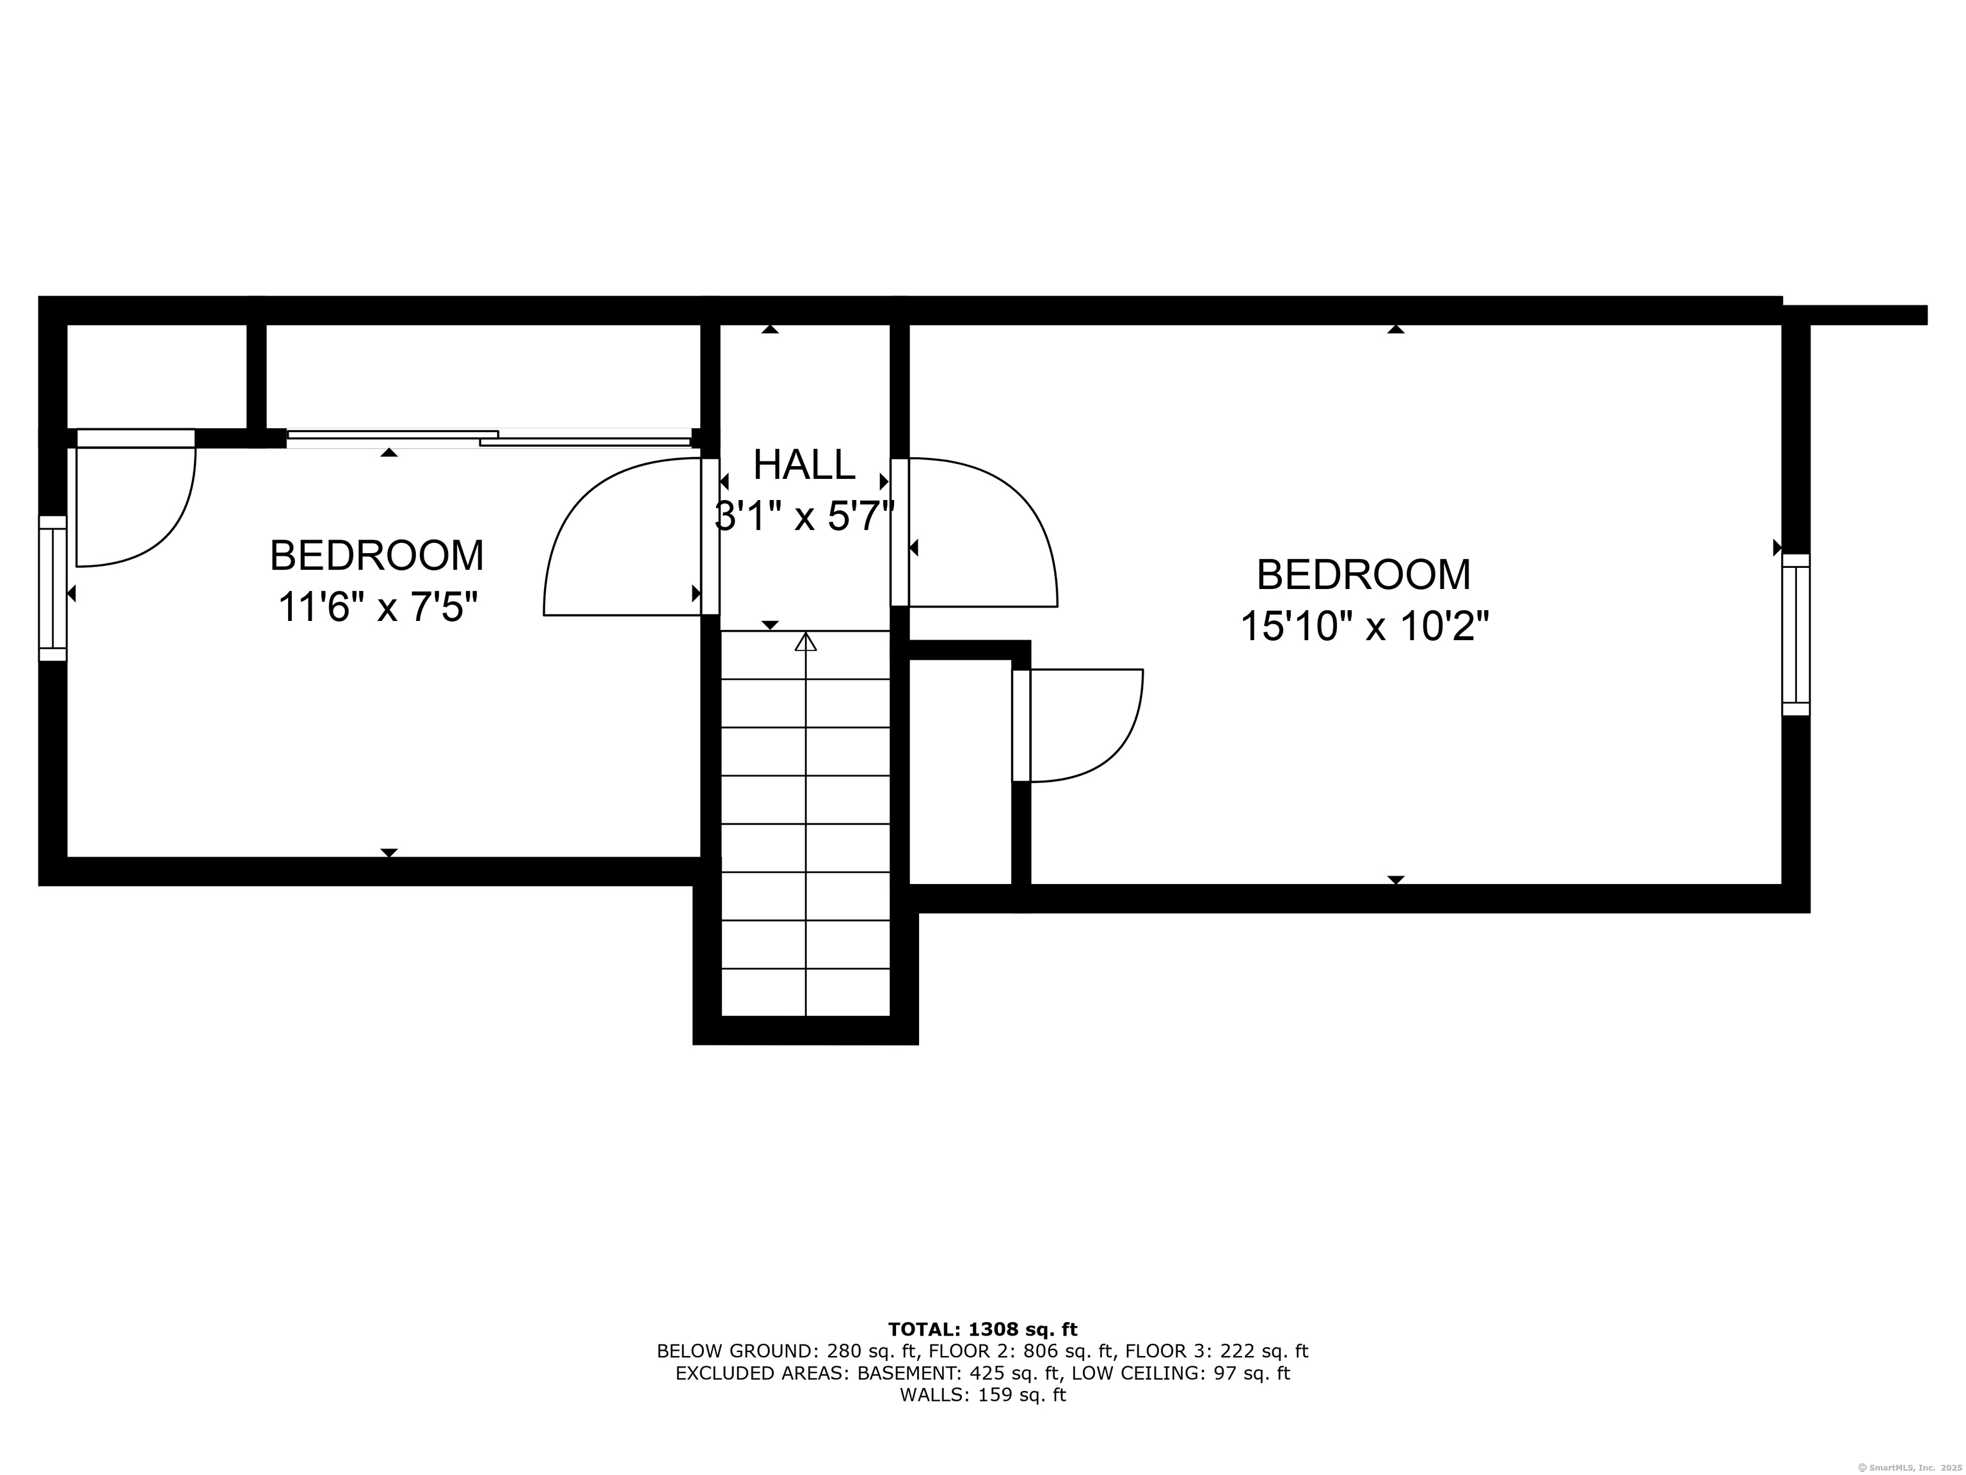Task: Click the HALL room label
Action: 804,465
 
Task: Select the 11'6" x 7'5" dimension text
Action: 378,608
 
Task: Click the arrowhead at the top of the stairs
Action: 805,641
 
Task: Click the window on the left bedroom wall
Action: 52,588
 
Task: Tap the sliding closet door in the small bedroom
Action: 489,437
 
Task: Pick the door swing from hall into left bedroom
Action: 622,538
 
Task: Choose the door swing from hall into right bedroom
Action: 978,533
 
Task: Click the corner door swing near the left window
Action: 133,503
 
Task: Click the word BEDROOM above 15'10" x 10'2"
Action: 1363,576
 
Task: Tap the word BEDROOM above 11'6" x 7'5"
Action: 377,556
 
